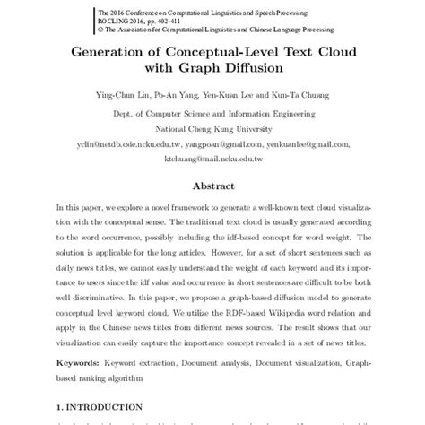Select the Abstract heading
click(212, 186)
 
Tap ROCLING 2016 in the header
click(116, 20)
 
